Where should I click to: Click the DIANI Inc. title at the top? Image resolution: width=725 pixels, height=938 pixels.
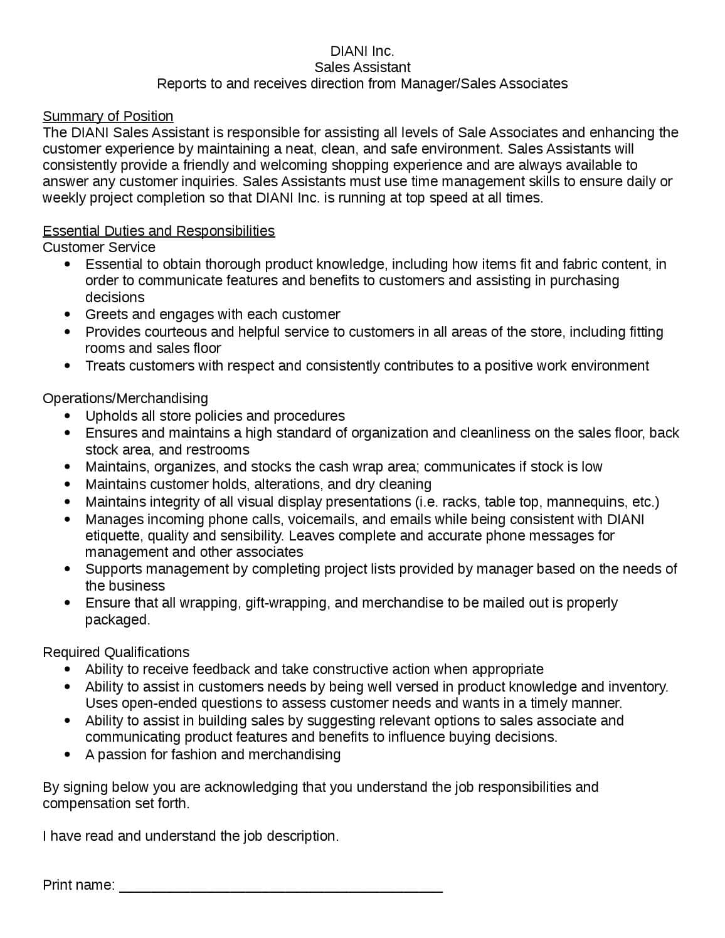362,51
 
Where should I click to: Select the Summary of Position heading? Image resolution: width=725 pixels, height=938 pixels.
108,117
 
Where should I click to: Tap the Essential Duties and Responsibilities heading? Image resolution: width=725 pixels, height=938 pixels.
159,231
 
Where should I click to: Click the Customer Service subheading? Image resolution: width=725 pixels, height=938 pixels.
99,248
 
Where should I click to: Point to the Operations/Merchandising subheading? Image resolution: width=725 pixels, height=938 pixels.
125,399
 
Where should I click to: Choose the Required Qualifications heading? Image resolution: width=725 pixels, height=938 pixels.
116,653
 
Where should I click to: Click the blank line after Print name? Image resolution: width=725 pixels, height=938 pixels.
281,887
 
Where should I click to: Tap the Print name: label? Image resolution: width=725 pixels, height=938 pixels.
79,885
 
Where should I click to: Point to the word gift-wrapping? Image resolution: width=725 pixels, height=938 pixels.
287,603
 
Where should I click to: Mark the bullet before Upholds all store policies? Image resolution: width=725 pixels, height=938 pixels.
68,416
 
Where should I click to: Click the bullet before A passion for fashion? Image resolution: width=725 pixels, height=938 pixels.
68,755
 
